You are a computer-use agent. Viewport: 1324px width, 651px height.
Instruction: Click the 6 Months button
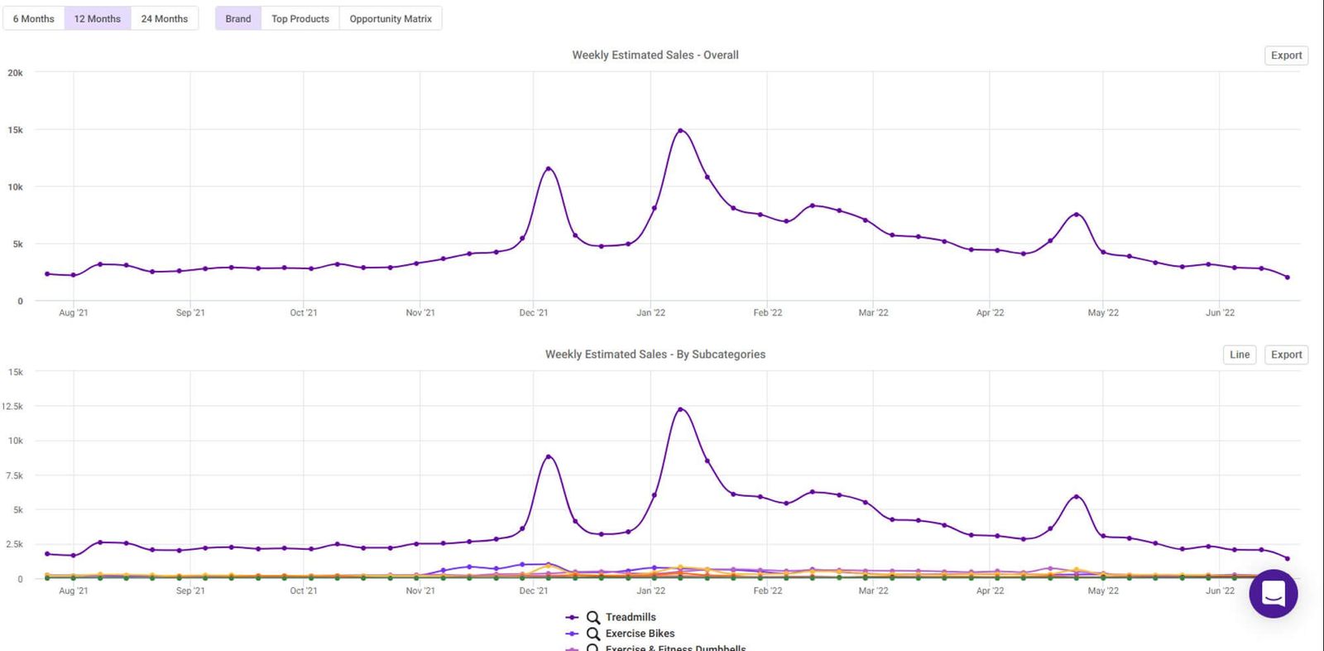pyautogui.click(x=33, y=18)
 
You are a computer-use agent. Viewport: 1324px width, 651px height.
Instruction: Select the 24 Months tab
pyautogui.click(x=164, y=18)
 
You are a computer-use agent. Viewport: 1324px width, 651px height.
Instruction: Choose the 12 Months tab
pyautogui.click(x=98, y=18)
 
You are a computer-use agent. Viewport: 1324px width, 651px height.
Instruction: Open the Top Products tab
pyautogui.click(x=300, y=18)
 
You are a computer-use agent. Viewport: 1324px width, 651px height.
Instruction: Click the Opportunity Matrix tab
pyautogui.click(x=391, y=18)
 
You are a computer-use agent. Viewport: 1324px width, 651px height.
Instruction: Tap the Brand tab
pyautogui.click(x=237, y=18)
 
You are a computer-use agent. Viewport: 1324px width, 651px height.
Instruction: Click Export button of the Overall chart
pyautogui.click(x=1286, y=55)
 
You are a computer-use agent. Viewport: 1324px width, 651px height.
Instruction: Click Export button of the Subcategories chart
pyautogui.click(x=1286, y=354)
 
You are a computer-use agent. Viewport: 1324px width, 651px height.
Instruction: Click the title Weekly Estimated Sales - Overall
pyautogui.click(x=655, y=55)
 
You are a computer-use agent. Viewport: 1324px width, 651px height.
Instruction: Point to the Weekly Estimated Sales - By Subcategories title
pyautogui.click(x=655, y=354)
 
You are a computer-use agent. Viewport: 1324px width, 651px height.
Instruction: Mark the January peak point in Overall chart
pyautogui.click(x=680, y=131)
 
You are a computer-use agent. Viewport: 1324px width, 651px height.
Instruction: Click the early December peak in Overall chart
pyautogui.click(x=548, y=169)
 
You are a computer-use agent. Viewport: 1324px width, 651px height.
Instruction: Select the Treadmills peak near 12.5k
pyautogui.click(x=680, y=409)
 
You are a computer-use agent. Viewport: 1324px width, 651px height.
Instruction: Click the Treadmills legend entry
pyautogui.click(x=630, y=617)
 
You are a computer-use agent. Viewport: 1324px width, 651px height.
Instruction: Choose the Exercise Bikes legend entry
pyautogui.click(x=639, y=634)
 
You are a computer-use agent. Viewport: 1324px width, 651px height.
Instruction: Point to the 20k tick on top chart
pyautogui.click(x=15, y=73)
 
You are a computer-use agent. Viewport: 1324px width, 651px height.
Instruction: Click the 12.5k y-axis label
pyautogui.click(x=12, y=407)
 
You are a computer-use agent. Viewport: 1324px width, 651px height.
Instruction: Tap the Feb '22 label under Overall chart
pyautogui.click(x=767, y=313)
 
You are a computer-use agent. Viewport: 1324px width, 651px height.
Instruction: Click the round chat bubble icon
pyautogui.click(x=1273, y=593)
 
